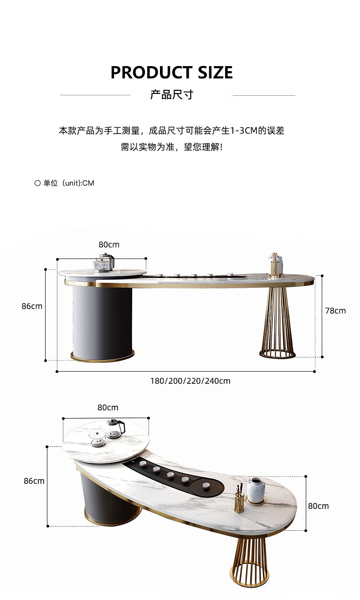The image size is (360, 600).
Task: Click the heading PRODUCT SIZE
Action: (x=172, y=72)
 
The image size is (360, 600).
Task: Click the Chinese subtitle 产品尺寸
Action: (x=172, y=95)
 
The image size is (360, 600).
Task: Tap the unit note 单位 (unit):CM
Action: (x=65, y=183)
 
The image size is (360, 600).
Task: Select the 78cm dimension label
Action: (x=335, y=311)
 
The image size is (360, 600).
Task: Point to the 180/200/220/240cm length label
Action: (x=190, y=381)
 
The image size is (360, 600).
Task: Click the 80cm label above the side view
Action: (x=109, y=245)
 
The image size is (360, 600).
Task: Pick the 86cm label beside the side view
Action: (x=32, y=306)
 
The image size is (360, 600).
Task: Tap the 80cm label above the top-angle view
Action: (x=108, y=408)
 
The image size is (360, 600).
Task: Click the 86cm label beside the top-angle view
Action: (x=34, y=481)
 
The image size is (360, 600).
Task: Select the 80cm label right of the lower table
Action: (x=318, y=506)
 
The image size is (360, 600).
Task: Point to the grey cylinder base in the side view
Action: (x=102, y=321)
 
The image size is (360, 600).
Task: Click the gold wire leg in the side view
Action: (x=278, y=324)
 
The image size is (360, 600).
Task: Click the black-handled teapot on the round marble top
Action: (x=115, y=428)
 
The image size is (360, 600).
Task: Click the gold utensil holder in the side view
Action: (x=274, y=267)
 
